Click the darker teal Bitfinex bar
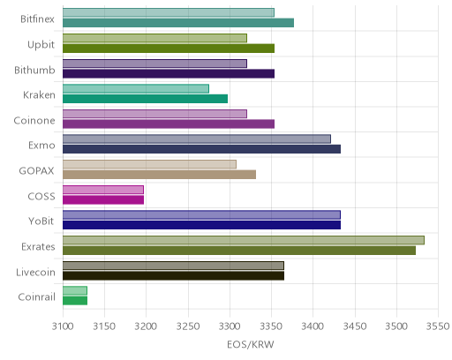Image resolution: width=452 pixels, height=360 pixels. [178, 23]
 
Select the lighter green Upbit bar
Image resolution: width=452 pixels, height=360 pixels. [154, 38]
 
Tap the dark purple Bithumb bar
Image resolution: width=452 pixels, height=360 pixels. [169, 73]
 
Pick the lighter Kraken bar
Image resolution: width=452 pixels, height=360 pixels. [136, 88]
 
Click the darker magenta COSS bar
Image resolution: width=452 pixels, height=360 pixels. [103, 199]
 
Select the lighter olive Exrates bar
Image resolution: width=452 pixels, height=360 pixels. [244, 240]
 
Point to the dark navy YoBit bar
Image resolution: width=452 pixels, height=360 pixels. [201, 225]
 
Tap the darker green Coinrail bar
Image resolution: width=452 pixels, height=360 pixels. [75, 301]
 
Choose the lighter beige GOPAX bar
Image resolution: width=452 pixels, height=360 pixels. [149, 164]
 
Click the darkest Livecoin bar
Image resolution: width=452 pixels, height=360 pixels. [173, 275]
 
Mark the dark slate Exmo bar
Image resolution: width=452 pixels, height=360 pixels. [201, 149]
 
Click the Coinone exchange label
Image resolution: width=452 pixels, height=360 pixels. [34, 121]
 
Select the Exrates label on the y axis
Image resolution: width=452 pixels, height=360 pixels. [38, 246]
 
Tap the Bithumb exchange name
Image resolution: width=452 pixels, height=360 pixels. [34, 70]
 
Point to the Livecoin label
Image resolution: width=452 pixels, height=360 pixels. [35, 272]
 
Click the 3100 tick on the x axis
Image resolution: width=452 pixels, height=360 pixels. [63, 326]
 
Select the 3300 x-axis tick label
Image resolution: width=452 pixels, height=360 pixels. [230, 326]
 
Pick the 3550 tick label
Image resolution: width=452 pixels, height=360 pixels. [439, 326]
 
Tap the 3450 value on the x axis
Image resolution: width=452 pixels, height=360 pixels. [355, 326]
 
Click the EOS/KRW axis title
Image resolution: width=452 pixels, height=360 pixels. [251, 344]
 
